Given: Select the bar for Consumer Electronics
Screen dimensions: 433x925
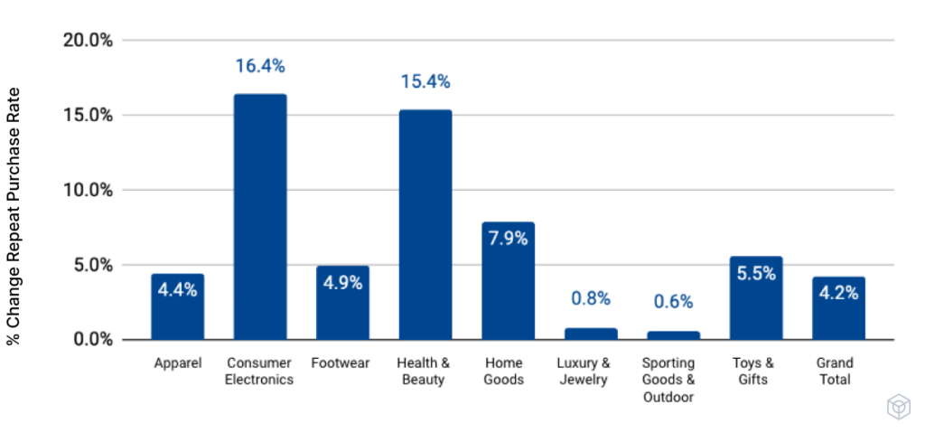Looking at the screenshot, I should tap(260, 217).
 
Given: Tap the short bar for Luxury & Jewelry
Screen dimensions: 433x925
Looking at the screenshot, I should tap(591, 334).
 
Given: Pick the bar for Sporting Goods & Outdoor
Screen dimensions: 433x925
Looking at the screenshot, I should tap(673, 335).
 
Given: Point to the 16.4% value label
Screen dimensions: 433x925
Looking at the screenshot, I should tap(260, 66).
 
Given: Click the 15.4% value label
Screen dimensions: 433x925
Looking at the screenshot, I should tap(425, 82).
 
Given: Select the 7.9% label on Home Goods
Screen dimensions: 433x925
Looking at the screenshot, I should tap(508, 240).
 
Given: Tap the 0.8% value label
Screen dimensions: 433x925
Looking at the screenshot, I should tap(591, 298).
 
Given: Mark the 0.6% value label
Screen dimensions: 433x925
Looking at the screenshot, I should tap(673, 302).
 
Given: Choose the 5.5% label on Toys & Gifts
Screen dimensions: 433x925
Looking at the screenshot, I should tap(756, 273).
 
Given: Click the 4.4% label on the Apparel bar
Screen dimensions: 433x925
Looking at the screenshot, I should tap(177, 290).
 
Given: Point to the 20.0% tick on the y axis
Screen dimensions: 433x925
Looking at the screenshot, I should tap(88, 41).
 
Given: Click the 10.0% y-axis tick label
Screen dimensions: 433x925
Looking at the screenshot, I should tap(88, 191).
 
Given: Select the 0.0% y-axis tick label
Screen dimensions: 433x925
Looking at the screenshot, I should tap(92, 340).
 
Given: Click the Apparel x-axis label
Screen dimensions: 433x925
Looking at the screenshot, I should tap(177, 363).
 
